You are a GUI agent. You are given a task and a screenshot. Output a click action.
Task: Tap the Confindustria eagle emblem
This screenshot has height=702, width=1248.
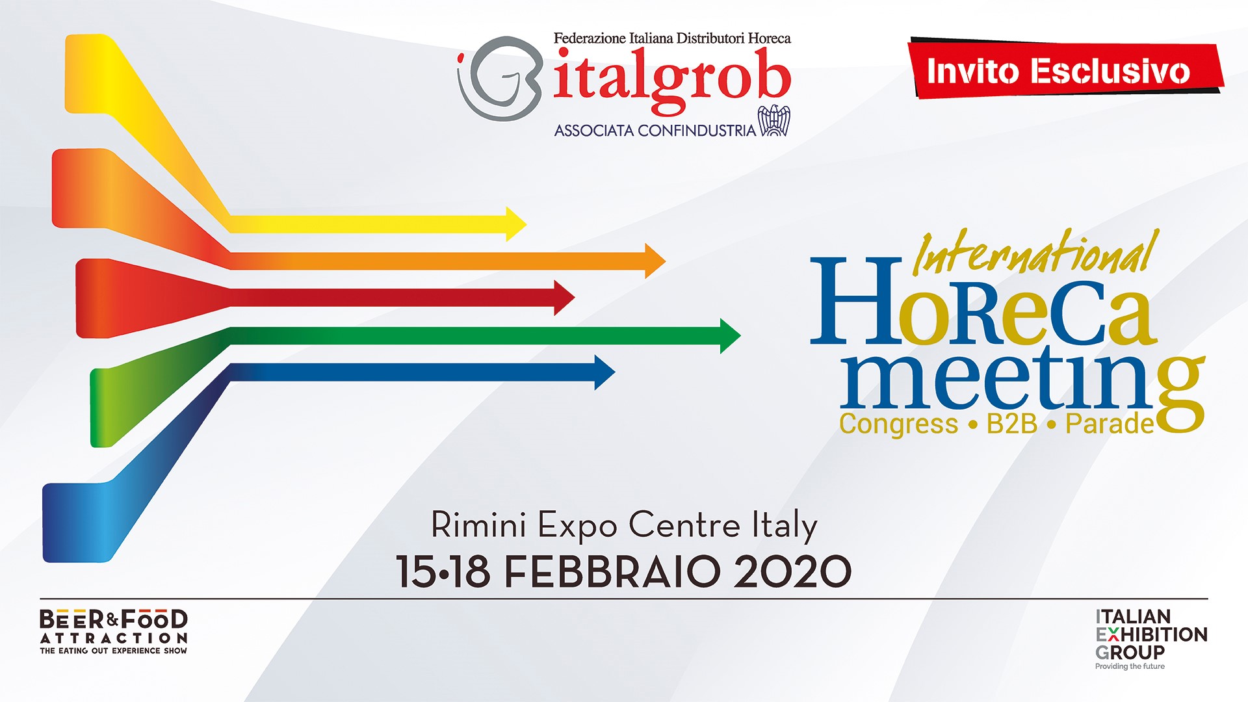click(x=774, y=121)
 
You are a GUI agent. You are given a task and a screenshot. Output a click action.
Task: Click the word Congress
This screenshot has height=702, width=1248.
click(x=898, y=424)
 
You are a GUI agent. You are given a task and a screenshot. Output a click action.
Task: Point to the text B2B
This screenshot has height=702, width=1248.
click(x=1011, y=424)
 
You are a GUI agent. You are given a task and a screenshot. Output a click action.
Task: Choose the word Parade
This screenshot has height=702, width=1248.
click(x=1109, y=424)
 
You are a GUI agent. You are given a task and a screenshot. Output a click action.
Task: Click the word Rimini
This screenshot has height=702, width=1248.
click(x=478, y=525)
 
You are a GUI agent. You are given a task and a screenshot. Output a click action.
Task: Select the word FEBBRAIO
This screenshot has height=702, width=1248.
click(x=612, y=571)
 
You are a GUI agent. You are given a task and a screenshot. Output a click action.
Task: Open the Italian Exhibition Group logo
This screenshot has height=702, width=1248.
click(x=1150, y=634)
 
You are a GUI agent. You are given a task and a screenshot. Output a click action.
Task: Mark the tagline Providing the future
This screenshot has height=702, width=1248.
click(x=1130, y=666)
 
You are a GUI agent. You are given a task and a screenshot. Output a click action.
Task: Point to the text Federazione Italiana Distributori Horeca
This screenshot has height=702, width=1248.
click(x=672, y=38)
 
